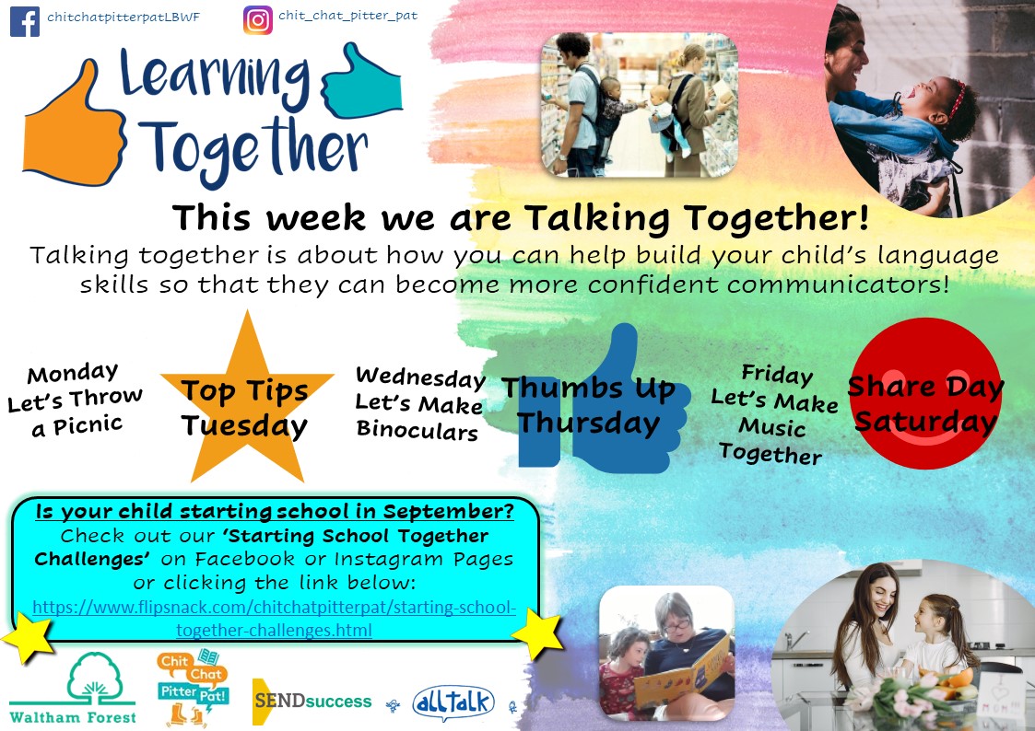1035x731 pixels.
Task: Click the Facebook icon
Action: (24, 21)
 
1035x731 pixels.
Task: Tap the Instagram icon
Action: (257, 20)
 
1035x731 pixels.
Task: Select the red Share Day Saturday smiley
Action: (925, 394)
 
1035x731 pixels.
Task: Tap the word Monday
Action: (73, 373)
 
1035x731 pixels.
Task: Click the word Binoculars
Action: (418, 430)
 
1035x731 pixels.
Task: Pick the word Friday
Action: (777, 375)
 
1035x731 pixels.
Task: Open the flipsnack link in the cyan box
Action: (274, 619)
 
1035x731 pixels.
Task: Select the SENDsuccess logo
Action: (312, 702)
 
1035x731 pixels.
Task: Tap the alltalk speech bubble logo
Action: (453, 702)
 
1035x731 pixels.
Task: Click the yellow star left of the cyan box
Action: (28, 637)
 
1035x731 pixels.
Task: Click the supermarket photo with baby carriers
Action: (639, 105)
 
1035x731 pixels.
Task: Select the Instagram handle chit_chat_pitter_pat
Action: (347, 15)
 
